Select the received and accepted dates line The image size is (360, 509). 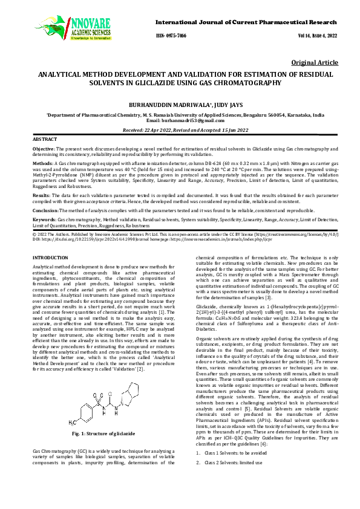coord(179,130)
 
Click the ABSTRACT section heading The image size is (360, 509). coord(44,139)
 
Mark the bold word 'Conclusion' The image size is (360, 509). coord(46,210)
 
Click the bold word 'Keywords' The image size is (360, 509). coord(44,219)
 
